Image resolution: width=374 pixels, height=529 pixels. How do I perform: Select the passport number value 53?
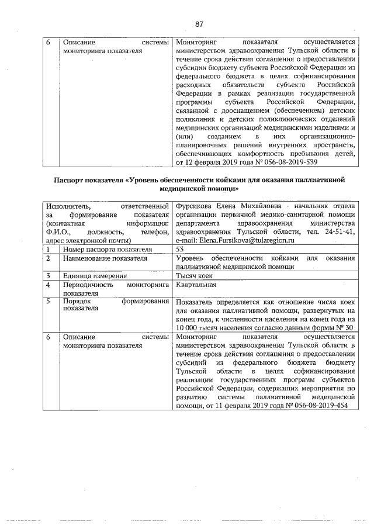(180, 249)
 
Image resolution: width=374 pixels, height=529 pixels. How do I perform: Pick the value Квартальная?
(196, 285)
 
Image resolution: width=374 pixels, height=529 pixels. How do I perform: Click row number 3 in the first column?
(49, 275)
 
